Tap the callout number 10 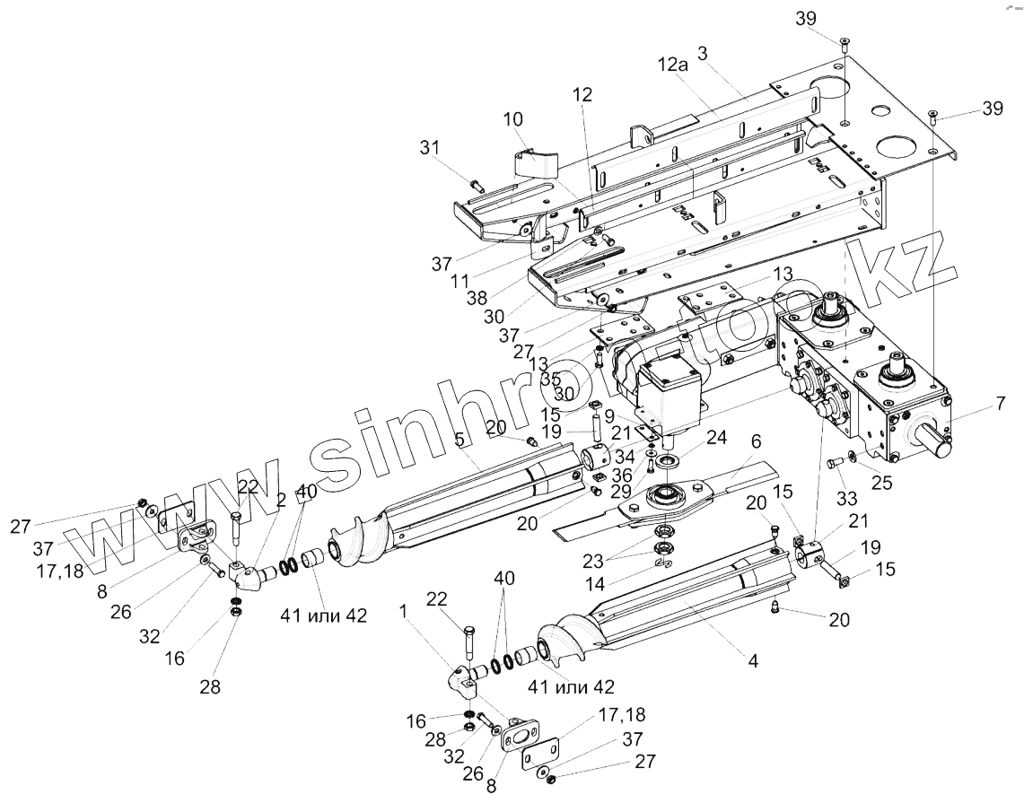click(512, 118)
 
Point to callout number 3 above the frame click(704, 54)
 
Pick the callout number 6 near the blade click(755, 441)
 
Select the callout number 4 click(753, 661)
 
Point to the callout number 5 click(459, 441)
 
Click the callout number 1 click(404, 610)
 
